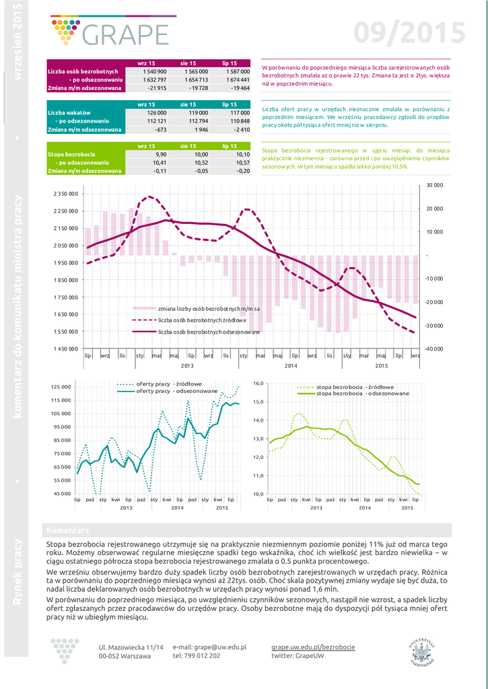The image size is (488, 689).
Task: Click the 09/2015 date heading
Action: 409,32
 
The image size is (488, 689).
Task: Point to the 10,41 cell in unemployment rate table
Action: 160,162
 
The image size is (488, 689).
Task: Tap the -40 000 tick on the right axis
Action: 433,349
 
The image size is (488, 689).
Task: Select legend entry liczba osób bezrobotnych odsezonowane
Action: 209,332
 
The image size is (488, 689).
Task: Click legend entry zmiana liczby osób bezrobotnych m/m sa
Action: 209,308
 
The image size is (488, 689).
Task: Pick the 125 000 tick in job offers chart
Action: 61,387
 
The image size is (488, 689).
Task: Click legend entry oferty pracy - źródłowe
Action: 168,384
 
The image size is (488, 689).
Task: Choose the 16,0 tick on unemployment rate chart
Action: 259,383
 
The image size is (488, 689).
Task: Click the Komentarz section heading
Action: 65,530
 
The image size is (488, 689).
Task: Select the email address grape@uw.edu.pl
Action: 209,647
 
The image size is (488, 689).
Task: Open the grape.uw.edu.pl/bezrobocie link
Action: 313,647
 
